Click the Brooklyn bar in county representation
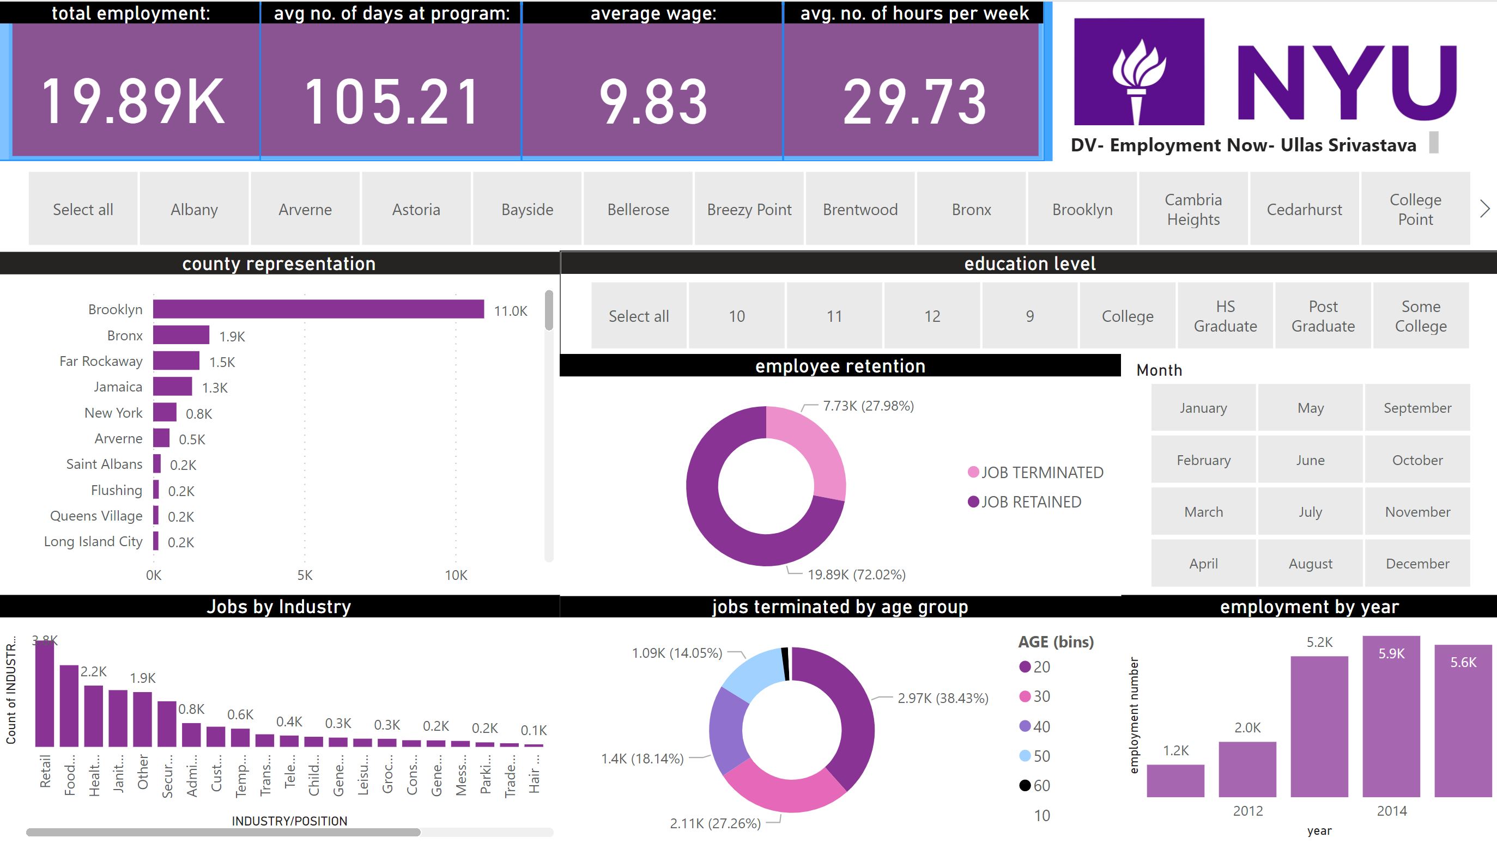point(318,309)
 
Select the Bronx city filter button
point(971,209)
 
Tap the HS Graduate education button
point(1225,316)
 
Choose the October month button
point(1417,460)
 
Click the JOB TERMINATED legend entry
point(1036,472)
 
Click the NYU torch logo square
point(1139,71)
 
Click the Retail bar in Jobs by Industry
point(45,694)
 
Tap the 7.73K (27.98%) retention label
point(868,406)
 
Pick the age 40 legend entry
point(1035,726)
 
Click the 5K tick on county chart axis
point(305,575)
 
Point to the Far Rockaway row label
point(101,361)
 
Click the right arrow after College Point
point(1485,209)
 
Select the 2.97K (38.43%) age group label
point(942,698)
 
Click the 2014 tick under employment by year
point(1392,811)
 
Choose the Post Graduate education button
point(1323,316)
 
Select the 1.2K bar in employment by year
point(1175,781)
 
